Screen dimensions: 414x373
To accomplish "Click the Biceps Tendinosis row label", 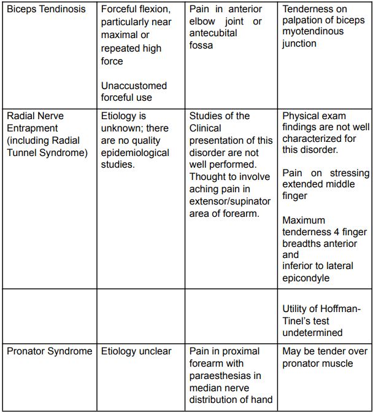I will (45, 10).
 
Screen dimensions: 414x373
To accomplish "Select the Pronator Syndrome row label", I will (49, 351).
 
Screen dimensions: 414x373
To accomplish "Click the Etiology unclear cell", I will (136, 351).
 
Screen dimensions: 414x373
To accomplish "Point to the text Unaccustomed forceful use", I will (134, 92).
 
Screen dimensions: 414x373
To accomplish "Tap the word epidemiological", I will (135, 152).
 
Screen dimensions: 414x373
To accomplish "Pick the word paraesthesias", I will (218, 375).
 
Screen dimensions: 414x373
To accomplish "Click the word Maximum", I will (304, 220).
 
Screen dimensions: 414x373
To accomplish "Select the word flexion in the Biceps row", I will (160, 10).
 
